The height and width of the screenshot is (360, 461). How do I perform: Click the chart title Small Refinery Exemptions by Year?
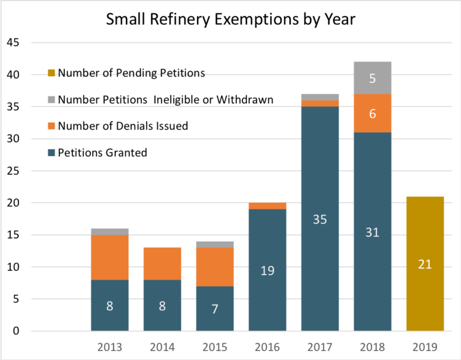point(230,19)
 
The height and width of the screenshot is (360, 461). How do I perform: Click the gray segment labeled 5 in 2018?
point(372,77)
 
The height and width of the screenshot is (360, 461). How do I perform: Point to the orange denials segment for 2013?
point(109,257)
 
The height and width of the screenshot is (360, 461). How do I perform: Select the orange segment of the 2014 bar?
point(162,264)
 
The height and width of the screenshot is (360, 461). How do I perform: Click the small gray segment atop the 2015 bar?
point(215,245)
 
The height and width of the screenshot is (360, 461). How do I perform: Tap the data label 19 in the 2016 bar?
point(267,270)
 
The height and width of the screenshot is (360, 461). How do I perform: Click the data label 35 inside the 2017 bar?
point(320,219)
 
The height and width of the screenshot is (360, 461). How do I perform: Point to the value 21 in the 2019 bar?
point(425,264)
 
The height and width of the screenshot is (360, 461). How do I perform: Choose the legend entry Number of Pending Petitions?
point(131,73)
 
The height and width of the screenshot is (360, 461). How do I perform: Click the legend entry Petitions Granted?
point(102,153)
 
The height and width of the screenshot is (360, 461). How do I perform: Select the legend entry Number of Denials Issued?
point(123,126)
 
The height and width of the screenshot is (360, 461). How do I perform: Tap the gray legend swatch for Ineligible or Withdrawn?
point(51,100)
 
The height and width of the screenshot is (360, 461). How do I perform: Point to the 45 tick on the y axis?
point(13,43)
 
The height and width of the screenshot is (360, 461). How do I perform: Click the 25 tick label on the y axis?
point(13,171)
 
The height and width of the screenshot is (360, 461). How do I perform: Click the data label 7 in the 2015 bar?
point(215,309)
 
